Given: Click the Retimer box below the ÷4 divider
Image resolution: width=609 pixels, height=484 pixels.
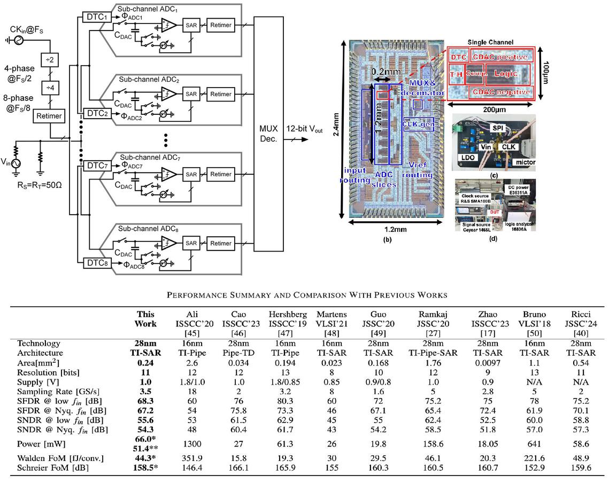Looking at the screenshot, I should click(x=49, y=115).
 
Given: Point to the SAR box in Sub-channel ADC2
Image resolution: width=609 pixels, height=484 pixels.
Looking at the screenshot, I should click(x=191, y=94).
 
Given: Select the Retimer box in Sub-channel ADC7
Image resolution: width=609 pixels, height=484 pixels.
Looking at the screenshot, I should click(x=221, y=174).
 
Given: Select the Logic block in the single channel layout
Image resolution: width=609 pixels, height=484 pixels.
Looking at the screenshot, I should click(x=505, y=73).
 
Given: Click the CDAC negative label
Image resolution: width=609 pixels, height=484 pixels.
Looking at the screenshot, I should click(x=502, y=92).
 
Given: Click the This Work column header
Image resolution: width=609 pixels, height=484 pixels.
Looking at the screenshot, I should click(x=146, y=319).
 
